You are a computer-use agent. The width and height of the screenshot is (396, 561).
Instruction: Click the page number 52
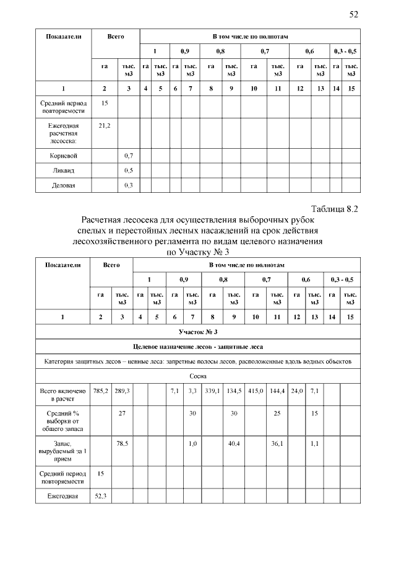354,14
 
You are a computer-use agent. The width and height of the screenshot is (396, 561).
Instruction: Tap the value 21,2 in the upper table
104,126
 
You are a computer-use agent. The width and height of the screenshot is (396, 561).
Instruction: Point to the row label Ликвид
63,170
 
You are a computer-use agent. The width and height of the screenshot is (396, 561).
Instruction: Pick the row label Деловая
63,185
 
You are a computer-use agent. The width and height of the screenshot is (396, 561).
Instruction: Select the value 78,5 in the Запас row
123,444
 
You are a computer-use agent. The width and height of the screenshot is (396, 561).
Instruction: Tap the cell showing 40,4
234,444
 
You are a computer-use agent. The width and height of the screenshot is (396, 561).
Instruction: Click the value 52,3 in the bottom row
100,496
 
